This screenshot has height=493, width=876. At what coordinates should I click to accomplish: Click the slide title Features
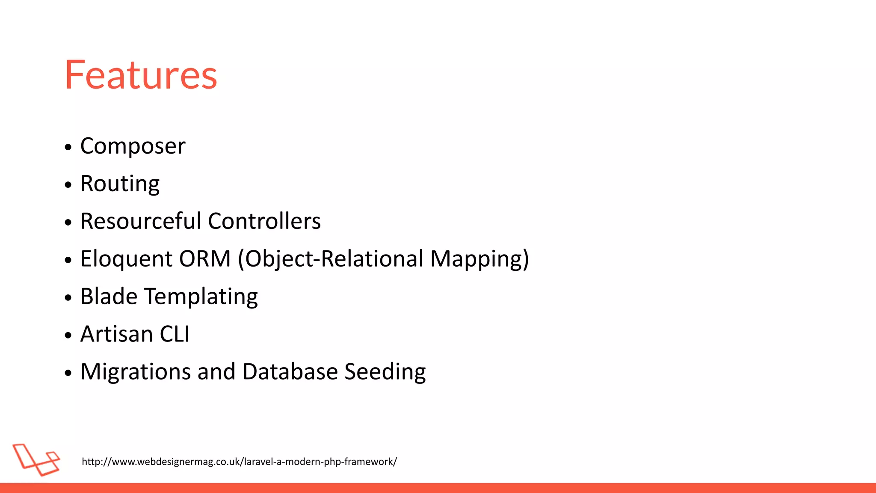tap(141, 75)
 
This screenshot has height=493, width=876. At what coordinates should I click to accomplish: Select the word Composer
tap(133, 146)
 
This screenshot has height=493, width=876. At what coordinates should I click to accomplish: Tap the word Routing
tap(120, 184)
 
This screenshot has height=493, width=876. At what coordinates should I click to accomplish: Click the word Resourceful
tap(141, 221)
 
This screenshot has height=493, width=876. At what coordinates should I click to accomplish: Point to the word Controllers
tap(264, 221)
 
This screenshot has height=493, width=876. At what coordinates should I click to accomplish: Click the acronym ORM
tap(205, 259)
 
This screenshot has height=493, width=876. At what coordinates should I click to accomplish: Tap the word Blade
tap(109, 297)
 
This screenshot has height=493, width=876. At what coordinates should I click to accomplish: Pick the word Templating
tap(201, 297)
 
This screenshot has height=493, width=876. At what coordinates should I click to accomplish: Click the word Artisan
tap(116, 334)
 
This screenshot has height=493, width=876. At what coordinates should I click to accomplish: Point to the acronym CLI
tap(175, 334)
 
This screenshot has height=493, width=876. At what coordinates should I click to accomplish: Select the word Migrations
tap(136, 372)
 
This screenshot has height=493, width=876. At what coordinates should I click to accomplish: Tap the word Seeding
tap(385, 372)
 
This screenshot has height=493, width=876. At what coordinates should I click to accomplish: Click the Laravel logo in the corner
tap(36, 460)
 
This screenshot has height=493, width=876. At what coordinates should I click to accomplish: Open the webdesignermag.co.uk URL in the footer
tap(239, 462)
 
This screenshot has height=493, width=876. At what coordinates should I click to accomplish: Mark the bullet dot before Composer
tap(68, 148)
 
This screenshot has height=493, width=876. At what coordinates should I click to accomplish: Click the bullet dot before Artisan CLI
tap(68, 336)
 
